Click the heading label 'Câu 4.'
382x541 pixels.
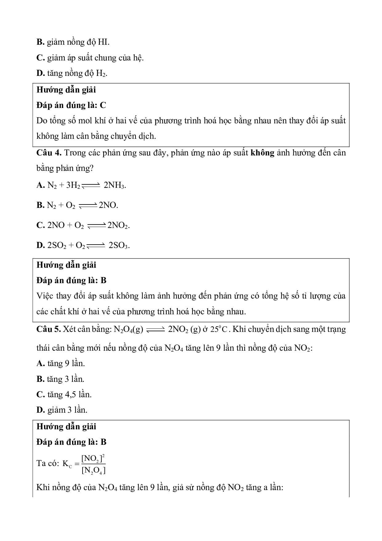point(49,153)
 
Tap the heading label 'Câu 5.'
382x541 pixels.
point(49,329)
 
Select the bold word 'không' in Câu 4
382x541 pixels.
point(262,153)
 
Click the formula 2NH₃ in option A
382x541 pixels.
point(115,185)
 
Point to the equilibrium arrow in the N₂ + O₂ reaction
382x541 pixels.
point(88,206)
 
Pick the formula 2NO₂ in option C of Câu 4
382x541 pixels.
point(118,225)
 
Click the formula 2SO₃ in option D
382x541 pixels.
point(119,246)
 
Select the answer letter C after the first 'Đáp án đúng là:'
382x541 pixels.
point(103,105)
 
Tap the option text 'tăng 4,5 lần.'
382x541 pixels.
point(69,394)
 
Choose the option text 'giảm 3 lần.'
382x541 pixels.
point(67,410)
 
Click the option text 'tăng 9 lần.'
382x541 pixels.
point(66,363)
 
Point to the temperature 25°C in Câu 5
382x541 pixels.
point(219,329)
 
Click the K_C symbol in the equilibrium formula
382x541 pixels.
point(67,464)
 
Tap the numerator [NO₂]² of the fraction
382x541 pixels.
point(93,459)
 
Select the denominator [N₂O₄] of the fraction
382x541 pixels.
point(93,470)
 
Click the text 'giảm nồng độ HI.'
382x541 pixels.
point(78,42)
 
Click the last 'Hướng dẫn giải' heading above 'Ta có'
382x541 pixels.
point(66,427)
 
